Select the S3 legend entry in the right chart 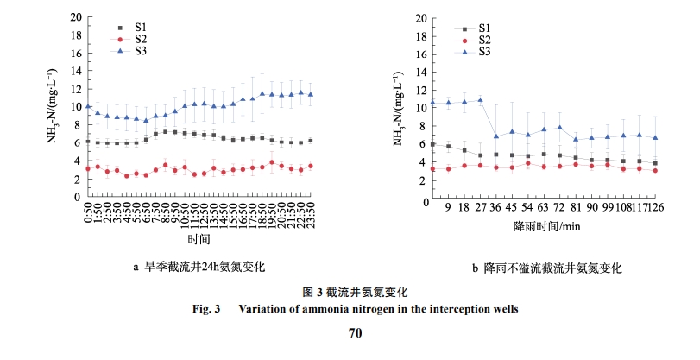point(484,52)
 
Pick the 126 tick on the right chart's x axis point(656,207)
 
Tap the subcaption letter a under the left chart point(136,267)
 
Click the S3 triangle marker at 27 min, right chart point(480,100)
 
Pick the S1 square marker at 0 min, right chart point(432,144)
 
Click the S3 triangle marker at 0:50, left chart point(88,106)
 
